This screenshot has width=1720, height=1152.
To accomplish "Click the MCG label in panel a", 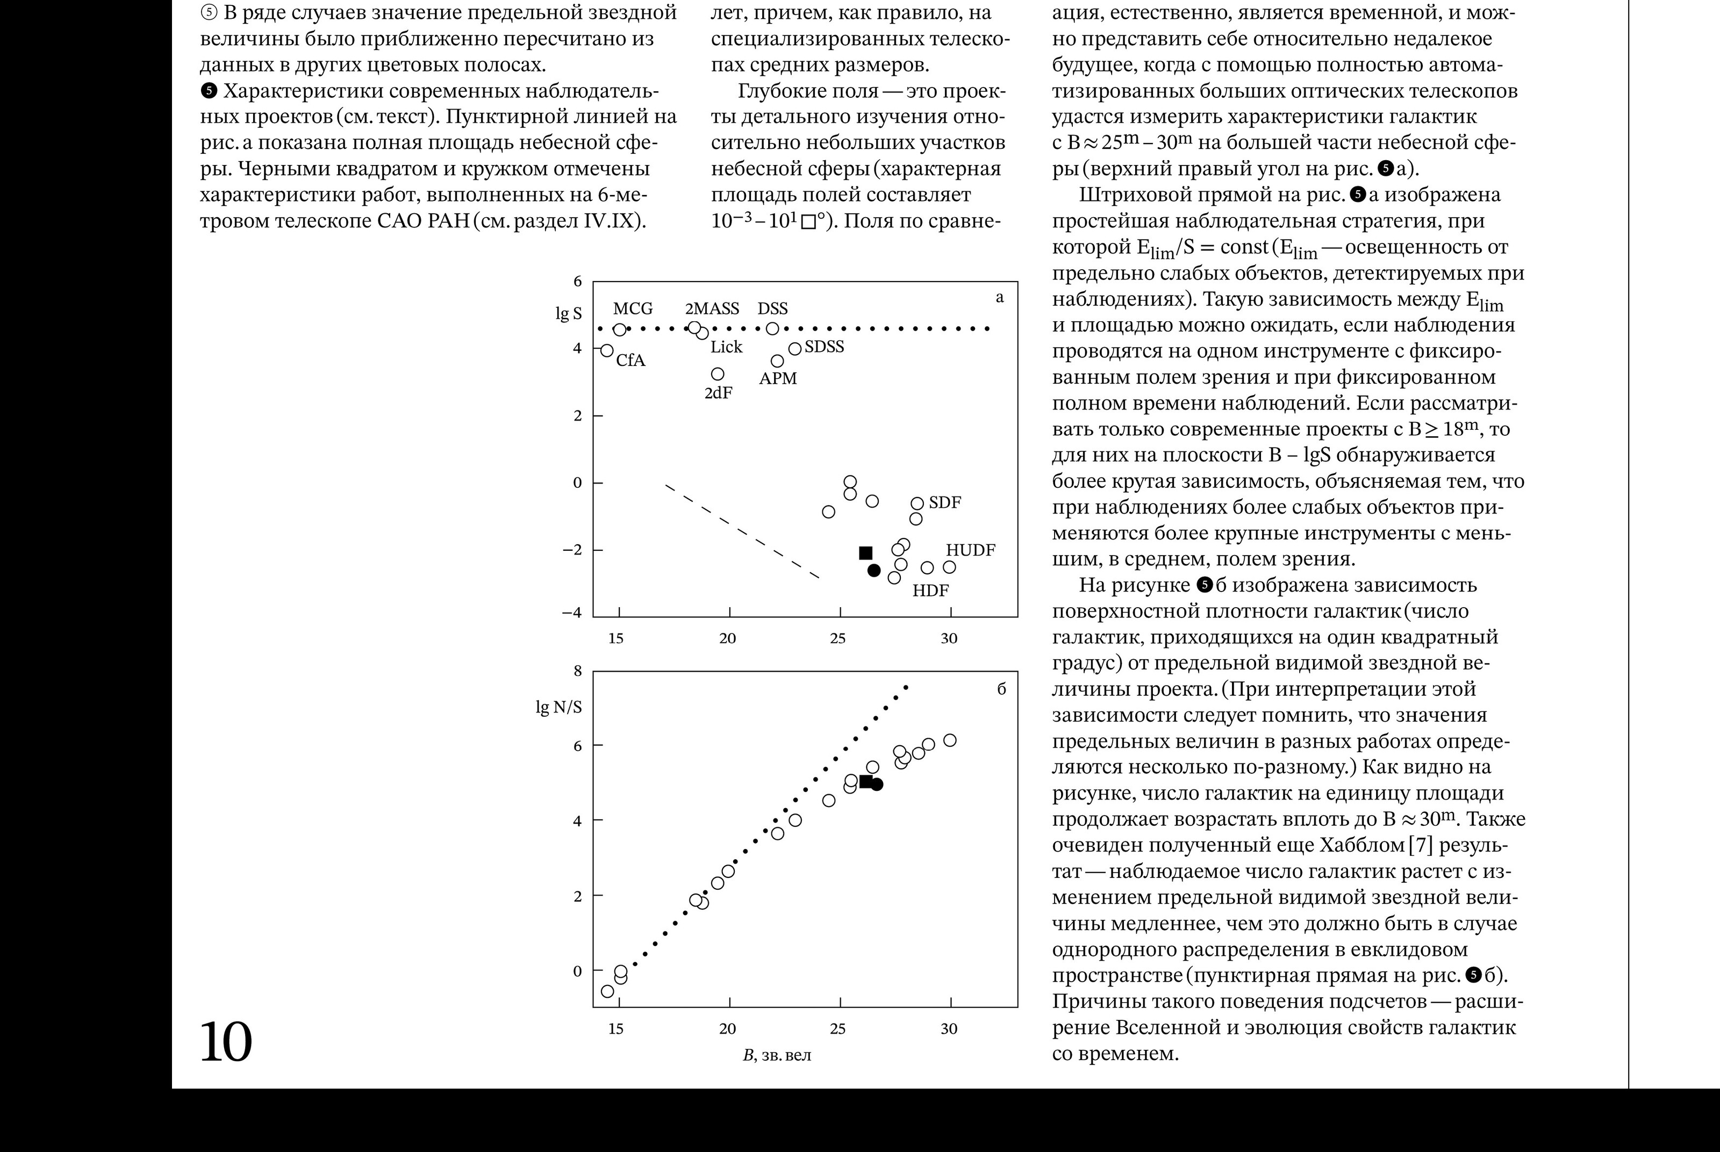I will tap(633, 308).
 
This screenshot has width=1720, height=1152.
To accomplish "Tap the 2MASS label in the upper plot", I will tap(712, 308).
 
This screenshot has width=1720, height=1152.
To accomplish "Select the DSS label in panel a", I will tap(772, 308).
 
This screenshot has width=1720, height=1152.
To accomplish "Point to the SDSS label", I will tap(825, 347).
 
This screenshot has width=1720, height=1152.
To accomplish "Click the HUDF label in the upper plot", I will tap(970, 550).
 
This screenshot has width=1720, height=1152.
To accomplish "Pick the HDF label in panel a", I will tap(930, 590).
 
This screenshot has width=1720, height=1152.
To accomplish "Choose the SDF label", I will tap(945, 502).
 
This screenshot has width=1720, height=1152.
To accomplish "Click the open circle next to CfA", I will tap(607, 350).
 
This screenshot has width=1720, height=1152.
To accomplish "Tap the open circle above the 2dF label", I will tap(718, 374).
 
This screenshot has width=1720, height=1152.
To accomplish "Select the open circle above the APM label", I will tap(777, 361).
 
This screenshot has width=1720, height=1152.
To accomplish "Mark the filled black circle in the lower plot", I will tap(877, 784).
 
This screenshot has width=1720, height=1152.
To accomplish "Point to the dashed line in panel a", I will tap(742, 530).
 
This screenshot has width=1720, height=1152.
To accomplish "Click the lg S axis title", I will tap(568, 314).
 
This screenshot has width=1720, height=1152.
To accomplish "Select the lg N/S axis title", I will tap(558, 707).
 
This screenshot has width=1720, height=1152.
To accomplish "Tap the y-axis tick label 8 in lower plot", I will tap(577, 671).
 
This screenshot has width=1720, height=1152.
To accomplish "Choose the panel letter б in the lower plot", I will tap(1001, 689).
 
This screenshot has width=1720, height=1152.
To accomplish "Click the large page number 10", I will tap(226, 1042).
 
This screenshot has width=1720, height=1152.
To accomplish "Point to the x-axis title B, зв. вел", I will tap(777, 1056).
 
